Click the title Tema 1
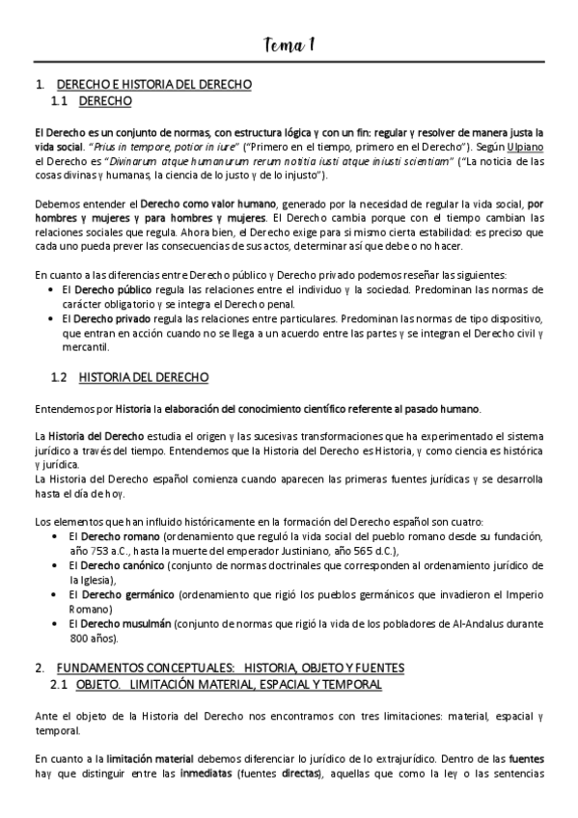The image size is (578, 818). click(x=289, y=44)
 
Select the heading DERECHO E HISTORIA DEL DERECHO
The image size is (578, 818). click(x=154, y=85)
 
